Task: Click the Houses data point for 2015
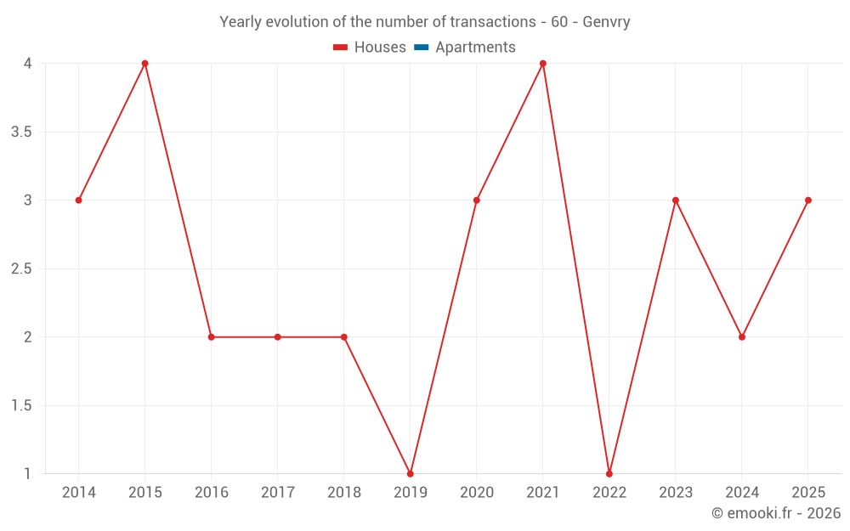click(x=145, y=64)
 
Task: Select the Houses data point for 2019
click(x=411, y=473)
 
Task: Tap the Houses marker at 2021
click(x=543, y=64)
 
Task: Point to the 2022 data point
click(x=609, y=473)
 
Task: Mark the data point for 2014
click(x=79, y=201)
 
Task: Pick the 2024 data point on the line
click(x=742, y=337)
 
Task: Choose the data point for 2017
click(x=278, y=337)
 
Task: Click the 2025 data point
click(x=808, y=201)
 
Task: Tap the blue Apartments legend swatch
click(x=422, y=48)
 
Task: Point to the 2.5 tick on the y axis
click(x=22, y=268)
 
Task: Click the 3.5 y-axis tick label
click(x=22, y=132)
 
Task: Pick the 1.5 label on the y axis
click(x=22, y=405)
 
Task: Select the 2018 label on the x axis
click(x=344, y=493)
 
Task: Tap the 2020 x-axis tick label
click(x=477, y=493)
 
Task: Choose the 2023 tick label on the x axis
click(x=676, y=493)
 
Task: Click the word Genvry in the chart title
click(x=607, y=22)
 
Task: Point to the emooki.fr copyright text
click(x=776, y=513)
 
